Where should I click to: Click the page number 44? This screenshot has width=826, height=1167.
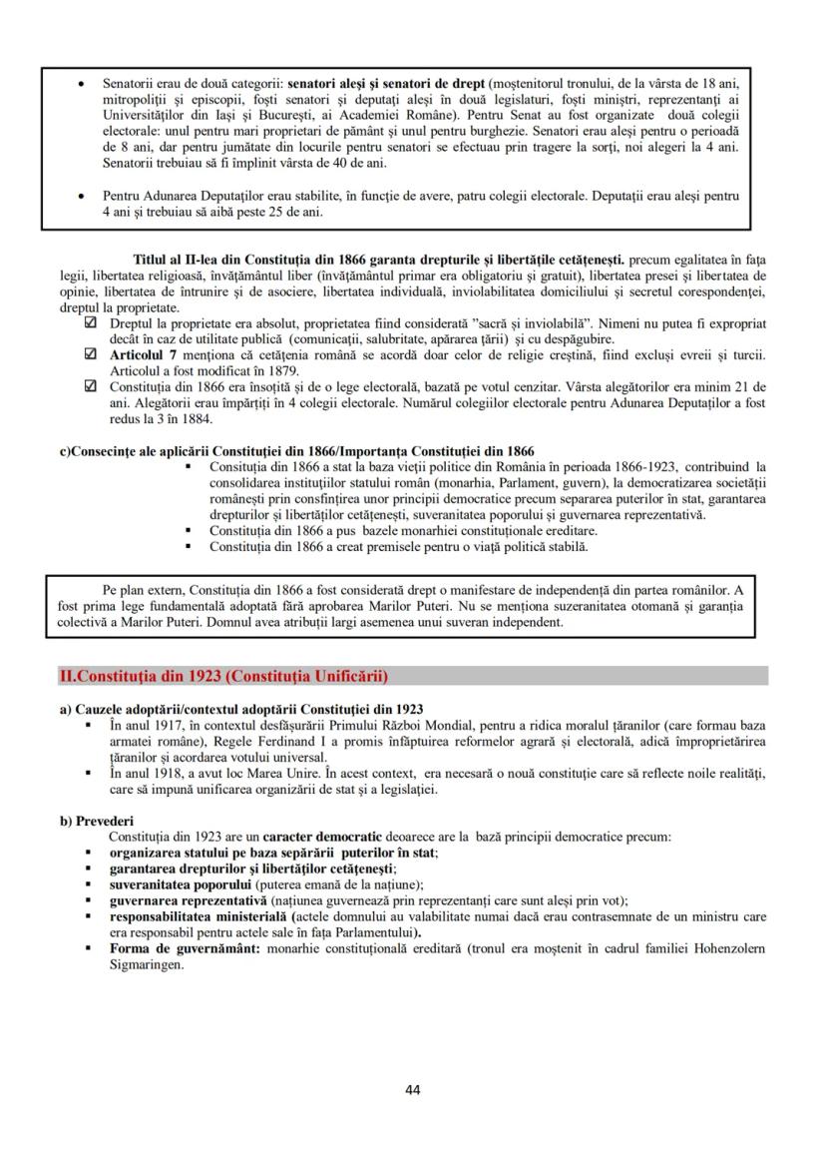pos(413,1089)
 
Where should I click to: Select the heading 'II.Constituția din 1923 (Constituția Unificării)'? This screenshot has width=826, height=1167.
pos(224,676)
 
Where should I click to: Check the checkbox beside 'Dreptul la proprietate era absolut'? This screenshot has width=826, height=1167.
pos(92,324)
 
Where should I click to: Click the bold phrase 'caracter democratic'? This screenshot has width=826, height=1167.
pos(322,836)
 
